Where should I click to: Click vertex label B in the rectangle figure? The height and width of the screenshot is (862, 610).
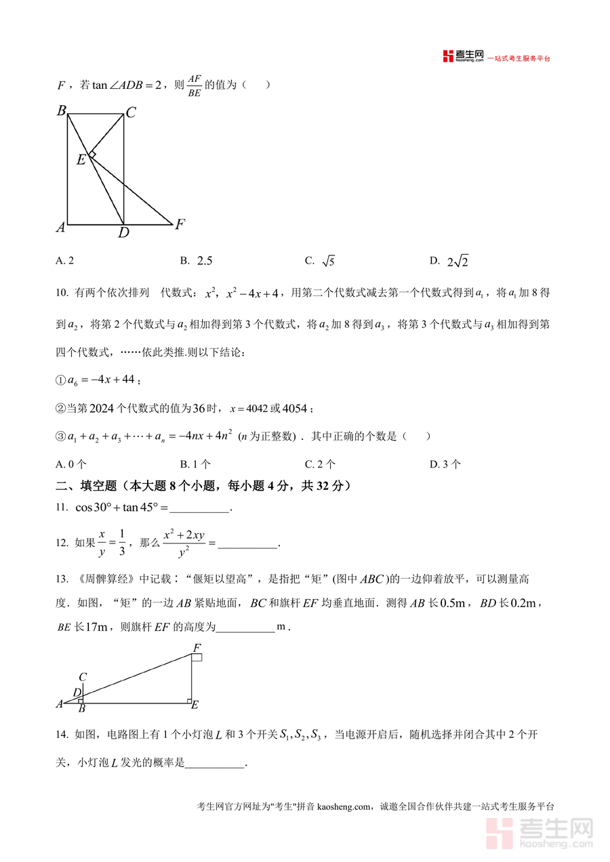click(x=61, y=110)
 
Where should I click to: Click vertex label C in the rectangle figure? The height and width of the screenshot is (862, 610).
click(x=131, y=113)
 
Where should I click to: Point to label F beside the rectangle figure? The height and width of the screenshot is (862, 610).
click(x=180, y=224)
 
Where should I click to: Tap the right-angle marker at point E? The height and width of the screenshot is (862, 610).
click(x=92, y=156)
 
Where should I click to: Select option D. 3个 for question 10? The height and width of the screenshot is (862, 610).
click(x=445, y=464)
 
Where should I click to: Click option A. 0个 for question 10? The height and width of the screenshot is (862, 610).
click(x=71, y=464)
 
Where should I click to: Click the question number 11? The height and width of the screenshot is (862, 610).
click(x=61, y=508)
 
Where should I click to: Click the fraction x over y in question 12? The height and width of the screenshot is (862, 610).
click(x=102, y=543)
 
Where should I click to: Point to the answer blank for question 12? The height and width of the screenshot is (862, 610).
click(x=248, y=544)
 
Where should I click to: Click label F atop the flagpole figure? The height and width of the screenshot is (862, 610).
click(x=197, y=649)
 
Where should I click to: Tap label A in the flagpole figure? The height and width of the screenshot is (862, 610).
click(x=59, y=704)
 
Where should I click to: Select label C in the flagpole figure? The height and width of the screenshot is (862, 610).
click(x=82, y=677)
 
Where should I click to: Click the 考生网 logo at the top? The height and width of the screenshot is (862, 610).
click(x=464, y=57)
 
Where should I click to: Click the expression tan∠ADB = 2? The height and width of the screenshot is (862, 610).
click(x=128, y=85)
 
